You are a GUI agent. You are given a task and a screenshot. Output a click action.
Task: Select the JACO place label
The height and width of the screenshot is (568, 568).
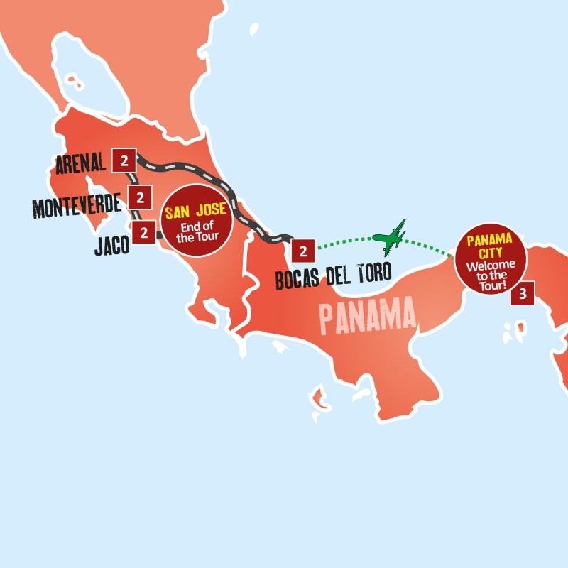(111, 245)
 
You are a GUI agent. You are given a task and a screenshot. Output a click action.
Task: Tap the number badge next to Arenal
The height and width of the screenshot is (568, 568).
(124, 160)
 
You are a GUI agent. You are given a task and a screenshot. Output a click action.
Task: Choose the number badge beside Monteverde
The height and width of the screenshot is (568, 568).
(140, 197)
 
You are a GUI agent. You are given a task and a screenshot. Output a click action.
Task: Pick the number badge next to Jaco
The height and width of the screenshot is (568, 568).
(144, 231)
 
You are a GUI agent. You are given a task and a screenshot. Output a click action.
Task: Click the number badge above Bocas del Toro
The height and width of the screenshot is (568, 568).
(303, 251)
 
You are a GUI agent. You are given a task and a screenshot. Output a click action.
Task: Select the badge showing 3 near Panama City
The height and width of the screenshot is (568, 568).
(523, 294)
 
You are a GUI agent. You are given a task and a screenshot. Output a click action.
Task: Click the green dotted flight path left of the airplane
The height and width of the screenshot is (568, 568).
(341, 241)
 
